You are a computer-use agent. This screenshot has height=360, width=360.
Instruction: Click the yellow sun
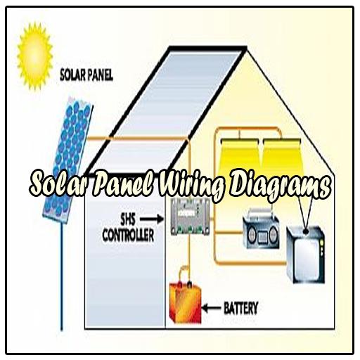pyautogui.click(x=35, y=56)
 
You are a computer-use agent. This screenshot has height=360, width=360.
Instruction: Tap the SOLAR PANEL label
pyautogui.click(x=86, y=75)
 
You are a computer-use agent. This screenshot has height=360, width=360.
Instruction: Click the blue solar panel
pyautogui.click(x=68, y=160)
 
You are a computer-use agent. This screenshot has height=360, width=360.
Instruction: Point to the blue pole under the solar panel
pyautogui.click(x=62, y=276)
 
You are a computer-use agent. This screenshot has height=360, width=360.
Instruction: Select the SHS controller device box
pyautogui.click(x=191, y=217)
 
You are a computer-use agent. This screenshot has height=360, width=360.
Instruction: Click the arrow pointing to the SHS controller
pyautogui.click(x=152, y=219)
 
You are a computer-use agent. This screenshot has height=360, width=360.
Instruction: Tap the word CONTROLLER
pyautogui.click(x=128, y=235)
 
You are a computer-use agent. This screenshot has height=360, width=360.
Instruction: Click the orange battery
pyautogui.click(x=186, y=303)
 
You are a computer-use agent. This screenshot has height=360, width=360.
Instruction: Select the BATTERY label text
pyautogui.click(x=241, y=308)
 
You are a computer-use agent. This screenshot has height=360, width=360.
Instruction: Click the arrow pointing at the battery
pyautogui.click(x=211, y=308)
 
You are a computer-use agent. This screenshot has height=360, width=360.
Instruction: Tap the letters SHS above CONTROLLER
pyautogui.click(x=128, y=220)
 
